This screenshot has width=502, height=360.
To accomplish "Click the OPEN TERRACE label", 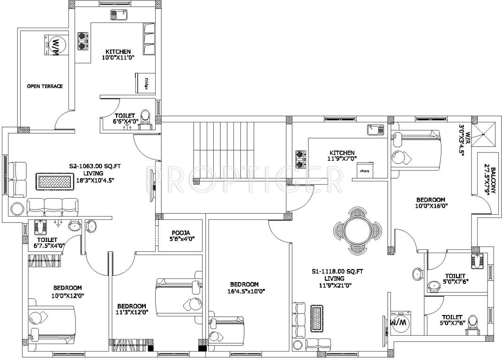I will coord(45,86).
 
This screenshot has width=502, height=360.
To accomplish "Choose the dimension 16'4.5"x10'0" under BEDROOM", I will coord(244,291).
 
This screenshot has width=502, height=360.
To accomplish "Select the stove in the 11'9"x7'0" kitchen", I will coord(300,158).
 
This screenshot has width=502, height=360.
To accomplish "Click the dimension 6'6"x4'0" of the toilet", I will coord(125,121).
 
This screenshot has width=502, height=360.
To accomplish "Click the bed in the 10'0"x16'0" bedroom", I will coord(416,150).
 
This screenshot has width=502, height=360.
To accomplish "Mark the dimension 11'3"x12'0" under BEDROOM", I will coord(132,312).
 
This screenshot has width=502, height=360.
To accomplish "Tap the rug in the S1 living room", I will coord(317,319).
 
